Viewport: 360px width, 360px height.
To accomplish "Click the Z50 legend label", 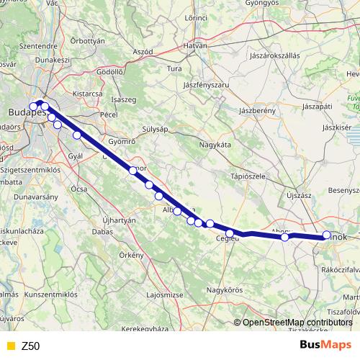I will coord(30,346).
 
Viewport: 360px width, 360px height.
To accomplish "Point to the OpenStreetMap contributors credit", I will coord(297,323).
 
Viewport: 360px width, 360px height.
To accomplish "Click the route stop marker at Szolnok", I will coord(326,235).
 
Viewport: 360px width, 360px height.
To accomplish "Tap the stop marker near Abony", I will coord(285,237).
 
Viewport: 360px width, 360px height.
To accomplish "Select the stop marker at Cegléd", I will coord(229,232).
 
